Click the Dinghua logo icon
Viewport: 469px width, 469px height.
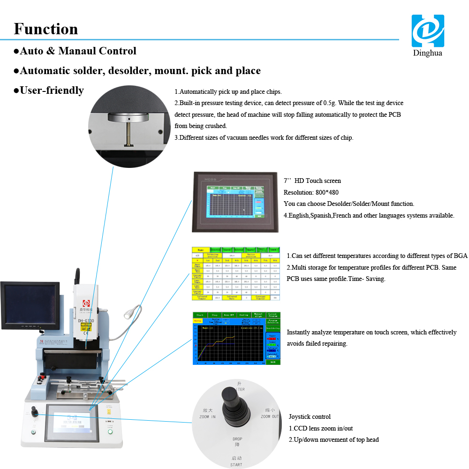click(x=427, y=30)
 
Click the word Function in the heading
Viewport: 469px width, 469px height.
click(x=46, y=29)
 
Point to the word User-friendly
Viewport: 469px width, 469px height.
click(x=52, y=90)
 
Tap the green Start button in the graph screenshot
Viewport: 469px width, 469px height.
click(x=200, y=315)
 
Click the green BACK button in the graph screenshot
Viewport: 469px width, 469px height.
click(x=272, y=362)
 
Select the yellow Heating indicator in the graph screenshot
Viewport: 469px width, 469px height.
click(x=197, y=321)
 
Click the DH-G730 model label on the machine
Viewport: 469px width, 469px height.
click(x=86, y=321)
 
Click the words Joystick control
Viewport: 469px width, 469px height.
click(x=310, y=416)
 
